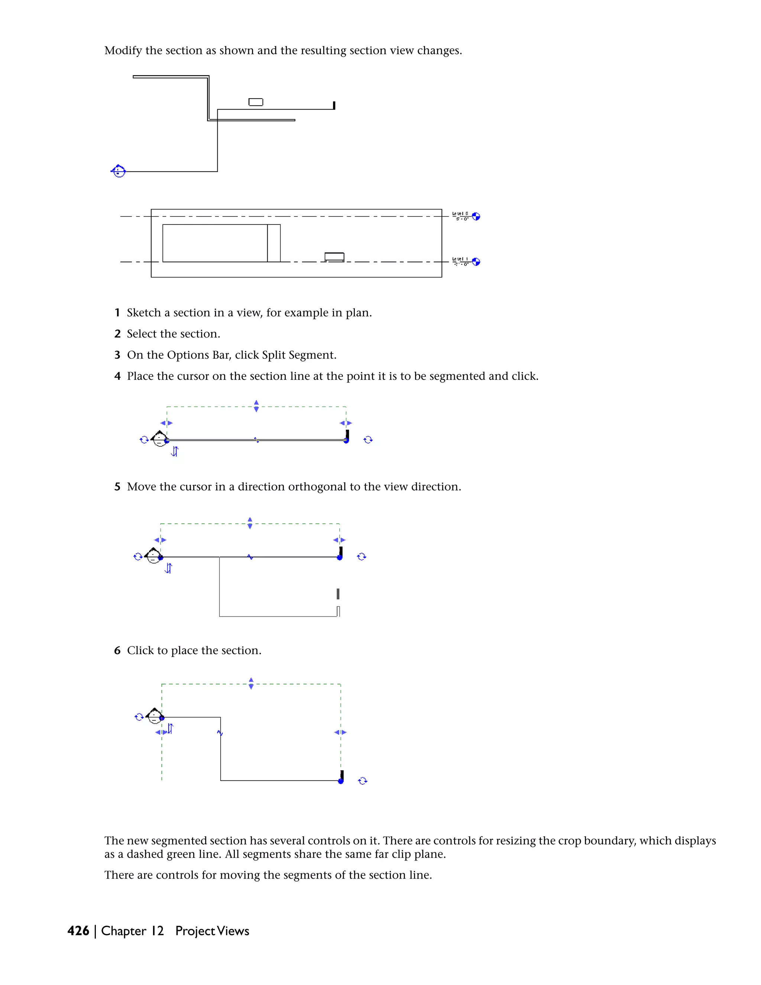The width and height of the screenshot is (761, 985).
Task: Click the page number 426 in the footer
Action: [x=78, y=931]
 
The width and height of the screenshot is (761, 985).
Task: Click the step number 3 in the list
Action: [x=117, y=355]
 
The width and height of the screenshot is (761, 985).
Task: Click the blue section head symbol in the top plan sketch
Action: [x=118, y=171]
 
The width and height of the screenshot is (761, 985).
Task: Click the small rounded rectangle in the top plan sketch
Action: [x=256, y=102]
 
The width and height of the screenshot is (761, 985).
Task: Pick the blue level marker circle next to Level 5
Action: [x=476, y=216]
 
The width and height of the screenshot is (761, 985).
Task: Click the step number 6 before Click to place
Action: [x=117, y=650]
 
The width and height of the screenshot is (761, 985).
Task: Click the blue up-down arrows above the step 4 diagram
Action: [x=256, y=406]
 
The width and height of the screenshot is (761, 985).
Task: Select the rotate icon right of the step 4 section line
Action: [x=368, y=440]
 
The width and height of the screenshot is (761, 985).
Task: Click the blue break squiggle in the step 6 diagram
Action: [x=220, y=733]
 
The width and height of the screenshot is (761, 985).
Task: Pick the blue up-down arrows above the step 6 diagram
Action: [x=251, y=683]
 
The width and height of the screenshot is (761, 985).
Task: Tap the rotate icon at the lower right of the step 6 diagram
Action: [x=362, y=781]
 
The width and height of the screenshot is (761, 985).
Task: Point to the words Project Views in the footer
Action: [x=212, y=931]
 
